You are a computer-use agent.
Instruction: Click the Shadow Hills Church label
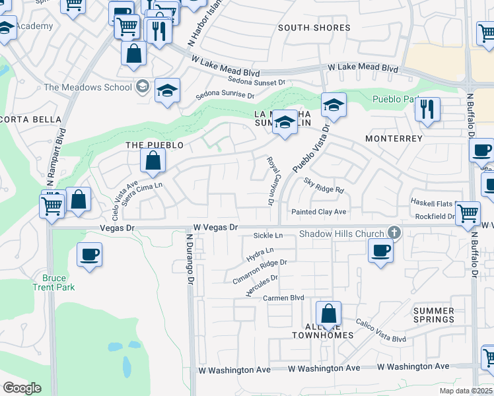[341, 234]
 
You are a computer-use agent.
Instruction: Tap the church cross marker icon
[394, 232]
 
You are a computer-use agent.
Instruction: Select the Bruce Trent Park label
[54, 282]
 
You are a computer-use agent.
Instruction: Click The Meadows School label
[88, 87]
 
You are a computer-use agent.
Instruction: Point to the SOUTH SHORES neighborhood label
[314, 28]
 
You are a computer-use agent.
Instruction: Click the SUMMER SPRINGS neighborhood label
[434, 315]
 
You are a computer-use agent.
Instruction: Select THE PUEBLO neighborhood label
[154, 144]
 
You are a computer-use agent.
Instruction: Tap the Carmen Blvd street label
[284, 298]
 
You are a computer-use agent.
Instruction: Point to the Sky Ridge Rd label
[324, 185]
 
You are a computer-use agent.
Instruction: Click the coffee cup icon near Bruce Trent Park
[89, 253]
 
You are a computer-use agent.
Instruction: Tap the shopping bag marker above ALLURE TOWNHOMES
[328, 313]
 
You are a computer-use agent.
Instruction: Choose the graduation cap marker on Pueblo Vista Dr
[334, 104]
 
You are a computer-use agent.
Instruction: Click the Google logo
[22, 388]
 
